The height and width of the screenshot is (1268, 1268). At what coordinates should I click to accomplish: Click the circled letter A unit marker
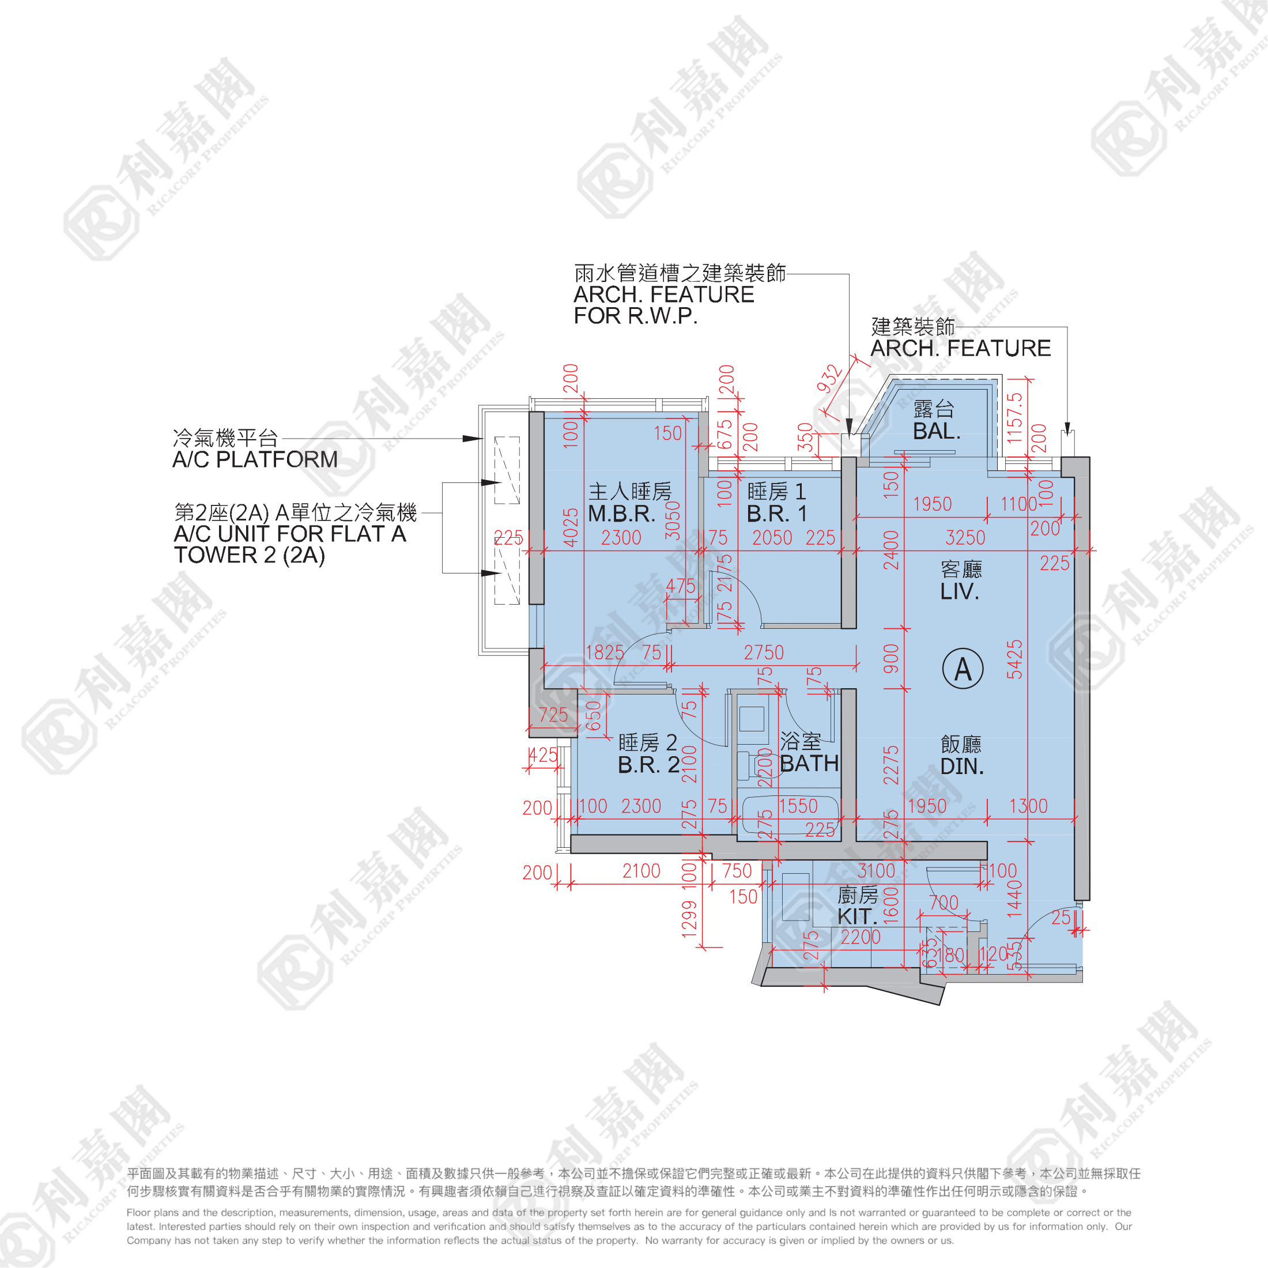point(962,669)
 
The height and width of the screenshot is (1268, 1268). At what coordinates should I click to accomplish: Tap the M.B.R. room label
point(621,514)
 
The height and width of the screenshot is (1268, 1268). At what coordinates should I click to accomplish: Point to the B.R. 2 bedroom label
point(648,765)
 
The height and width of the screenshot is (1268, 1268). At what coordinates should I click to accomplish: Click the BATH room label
point(809,763)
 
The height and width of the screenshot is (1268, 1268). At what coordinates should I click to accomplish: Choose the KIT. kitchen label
point(856,916)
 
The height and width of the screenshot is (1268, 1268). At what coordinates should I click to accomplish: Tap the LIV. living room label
point(960,591)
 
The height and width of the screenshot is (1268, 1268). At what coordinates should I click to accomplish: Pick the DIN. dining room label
point(961,766)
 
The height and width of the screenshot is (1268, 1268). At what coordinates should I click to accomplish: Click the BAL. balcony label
point(937,431)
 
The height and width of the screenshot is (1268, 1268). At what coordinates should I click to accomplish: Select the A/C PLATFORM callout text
point(255,459)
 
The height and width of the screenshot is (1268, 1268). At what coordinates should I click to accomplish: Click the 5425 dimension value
point(1014,659)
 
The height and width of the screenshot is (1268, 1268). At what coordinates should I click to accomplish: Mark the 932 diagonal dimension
point(829,379)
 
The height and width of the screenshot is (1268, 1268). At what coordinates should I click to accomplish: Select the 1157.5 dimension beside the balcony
point(1014,417)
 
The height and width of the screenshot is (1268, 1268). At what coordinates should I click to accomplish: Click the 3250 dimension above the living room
point(965,538)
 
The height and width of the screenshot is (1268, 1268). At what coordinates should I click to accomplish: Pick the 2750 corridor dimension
point(763,652)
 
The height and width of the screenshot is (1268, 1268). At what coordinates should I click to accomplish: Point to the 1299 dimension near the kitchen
point(689,918)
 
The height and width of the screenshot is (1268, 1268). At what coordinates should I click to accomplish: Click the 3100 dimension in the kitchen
point(876,871)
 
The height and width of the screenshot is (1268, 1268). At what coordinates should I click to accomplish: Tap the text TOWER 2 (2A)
point(250,555)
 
